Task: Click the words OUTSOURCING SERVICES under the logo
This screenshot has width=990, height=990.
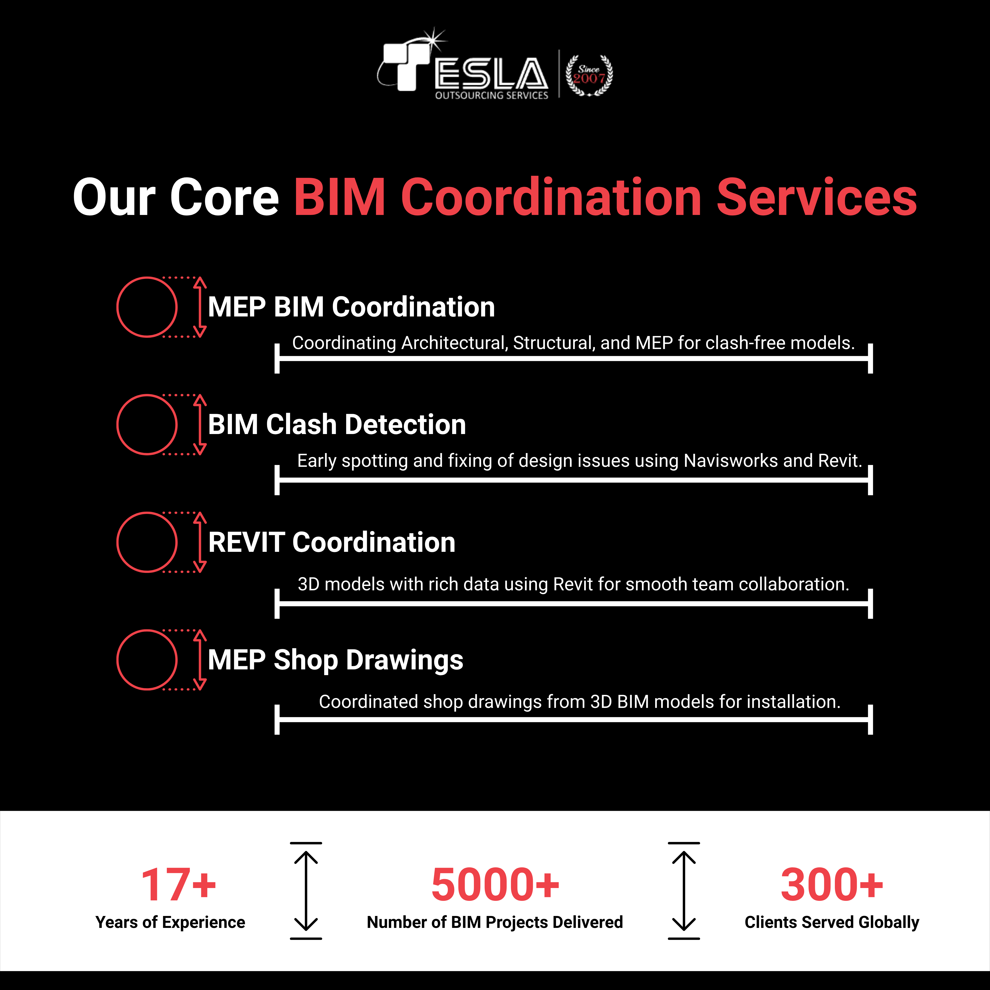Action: pyautogui.click(x=491, y=95)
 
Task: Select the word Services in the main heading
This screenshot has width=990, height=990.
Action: pyautogui.click(x=817, y=197)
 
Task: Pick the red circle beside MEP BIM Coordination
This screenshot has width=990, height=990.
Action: pyautogui.click(x=147, y=307)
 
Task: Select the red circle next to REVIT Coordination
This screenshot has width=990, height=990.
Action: pyautogui.click(x=147, y=542)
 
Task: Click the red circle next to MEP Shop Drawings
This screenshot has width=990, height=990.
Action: pyautogui.click(x=147, y=660)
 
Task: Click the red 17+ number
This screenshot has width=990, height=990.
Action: pyautogui.click(x=179, y=885)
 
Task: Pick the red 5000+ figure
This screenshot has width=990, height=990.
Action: pyautogui.click(x=495, y=885)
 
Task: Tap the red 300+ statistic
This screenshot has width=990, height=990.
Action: pyautogui.click(x=832, y=885)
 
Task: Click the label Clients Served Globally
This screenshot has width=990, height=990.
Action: pyautogui.click(x=832, y=922)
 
